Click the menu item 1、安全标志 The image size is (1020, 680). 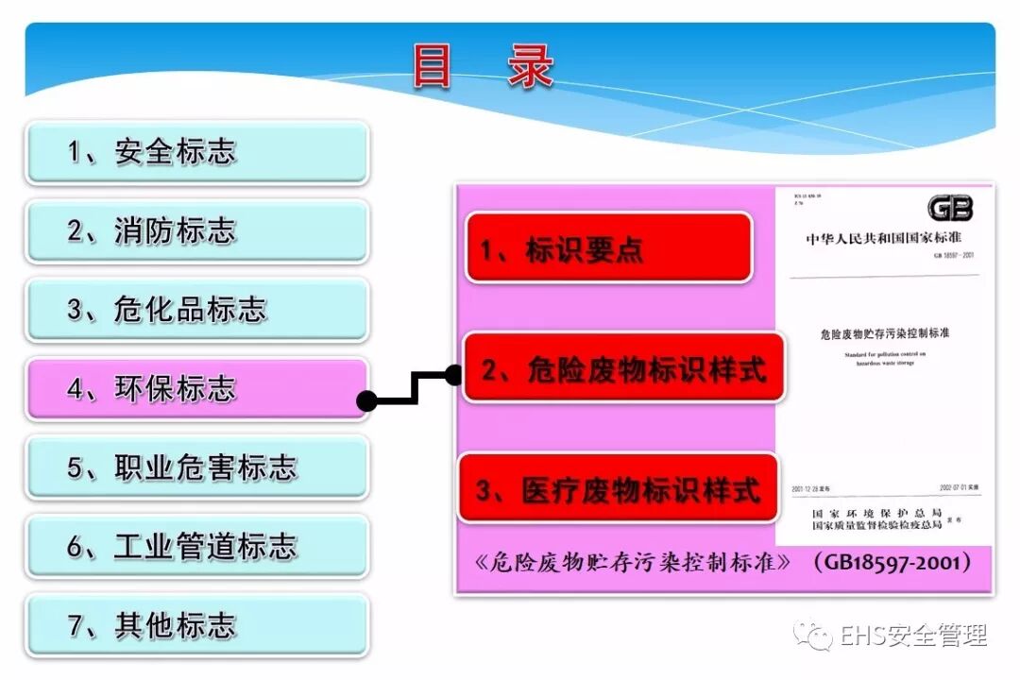[196, 152]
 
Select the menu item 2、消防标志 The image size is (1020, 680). [196, 231]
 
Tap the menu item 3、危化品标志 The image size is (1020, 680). [196, 310]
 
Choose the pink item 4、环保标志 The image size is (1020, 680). [196, 389]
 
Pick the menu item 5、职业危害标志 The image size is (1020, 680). [196, 467]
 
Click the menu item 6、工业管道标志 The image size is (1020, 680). [196, 547]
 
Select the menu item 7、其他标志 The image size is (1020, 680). [196, 625]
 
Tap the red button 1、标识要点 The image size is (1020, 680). [608, 248]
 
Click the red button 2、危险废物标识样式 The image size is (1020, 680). [623, 368]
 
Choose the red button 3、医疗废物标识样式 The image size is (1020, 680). [619, 489]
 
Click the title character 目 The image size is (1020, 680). [433, 66]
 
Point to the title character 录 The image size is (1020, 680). [530, 66]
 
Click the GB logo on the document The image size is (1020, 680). [949, 209]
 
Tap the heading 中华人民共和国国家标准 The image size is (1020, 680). [883, 238]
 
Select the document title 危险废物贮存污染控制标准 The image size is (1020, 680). [885, 333]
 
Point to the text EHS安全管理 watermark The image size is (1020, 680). [913, 636]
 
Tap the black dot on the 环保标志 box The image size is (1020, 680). [367, 401]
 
